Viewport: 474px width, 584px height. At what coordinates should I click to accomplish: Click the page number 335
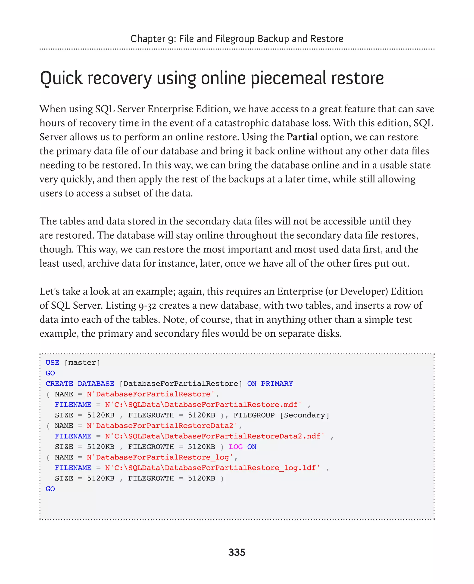click(x=237, y=552)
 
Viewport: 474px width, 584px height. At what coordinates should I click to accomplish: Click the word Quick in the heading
click(x=61, y=79)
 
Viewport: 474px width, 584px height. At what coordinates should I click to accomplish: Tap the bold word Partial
click(x=302, y=137)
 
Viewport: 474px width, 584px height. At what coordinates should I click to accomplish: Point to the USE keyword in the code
click(x=53, y=363)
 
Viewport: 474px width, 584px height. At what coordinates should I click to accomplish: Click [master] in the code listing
click(x=82, y=363)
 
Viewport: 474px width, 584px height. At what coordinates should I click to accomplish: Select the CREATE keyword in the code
click(x=59, y=384)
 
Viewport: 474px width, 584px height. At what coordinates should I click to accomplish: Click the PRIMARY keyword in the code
click(x=277, y=384)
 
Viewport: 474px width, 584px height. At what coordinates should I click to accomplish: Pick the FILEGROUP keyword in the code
click(x=254, y=415)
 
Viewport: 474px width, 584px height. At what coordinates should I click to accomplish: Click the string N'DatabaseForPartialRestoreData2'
click(x=162, y=426)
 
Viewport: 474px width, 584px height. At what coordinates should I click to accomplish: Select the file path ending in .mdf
click(x=203, y=405)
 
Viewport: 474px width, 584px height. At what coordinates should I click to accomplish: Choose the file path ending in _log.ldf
click(x=212, y=468)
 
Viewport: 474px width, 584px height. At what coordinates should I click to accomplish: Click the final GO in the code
click(x=50, y=489)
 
